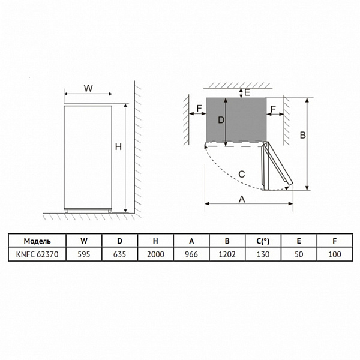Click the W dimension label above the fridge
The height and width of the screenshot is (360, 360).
(x=88, y=88)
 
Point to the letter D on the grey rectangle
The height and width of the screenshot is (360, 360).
(x=221, y=120)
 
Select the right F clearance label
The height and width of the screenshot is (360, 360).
(x=273, y=109)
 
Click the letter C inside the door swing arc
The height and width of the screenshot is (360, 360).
(x=241, y=174)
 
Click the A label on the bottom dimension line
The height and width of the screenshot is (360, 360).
(x=242, y=199)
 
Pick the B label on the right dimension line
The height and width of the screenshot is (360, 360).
(x=302, y=135)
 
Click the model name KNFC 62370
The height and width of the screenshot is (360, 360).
(x=37, y=254)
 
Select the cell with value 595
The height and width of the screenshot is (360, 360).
(x=83, y=254)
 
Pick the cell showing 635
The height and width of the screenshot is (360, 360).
(x=119, y=254)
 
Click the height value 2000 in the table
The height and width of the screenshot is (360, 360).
(x=155, y=254)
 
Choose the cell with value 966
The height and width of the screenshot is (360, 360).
(x=191, y=254)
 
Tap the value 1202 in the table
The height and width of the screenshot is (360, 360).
(x=227, y=254)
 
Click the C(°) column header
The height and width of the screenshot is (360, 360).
(x=263, y=241)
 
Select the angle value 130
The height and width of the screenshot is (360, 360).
(x=263, y=254)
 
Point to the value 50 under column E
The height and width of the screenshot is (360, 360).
(x=299, y=254)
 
